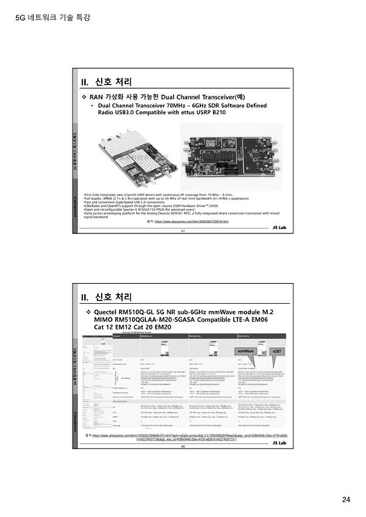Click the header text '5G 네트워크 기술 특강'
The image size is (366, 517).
pyautogui.click(x=48, y=15)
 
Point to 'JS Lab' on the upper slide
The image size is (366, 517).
pyautogui.click(x=277, y=229)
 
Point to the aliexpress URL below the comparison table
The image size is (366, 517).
pyautogui.click(x=185, y=438)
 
